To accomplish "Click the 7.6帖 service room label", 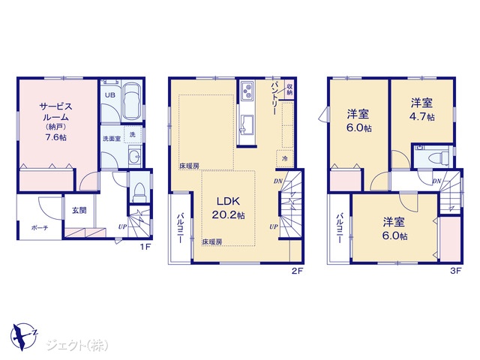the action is tap(55, 137).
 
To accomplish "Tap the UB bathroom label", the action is tap(110, 95).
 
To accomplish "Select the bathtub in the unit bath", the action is tap(132, 101).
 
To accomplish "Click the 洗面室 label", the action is tap(112, 139).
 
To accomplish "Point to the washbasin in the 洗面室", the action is tap(135, 157).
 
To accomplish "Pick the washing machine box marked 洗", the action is tap(133, 134).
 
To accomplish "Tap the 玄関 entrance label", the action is tap(79, 210).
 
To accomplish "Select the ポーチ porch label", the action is tap(40, 228).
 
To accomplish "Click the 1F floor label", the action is tap(145, 247).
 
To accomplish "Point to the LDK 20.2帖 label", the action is tap(228, 208).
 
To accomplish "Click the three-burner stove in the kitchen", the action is tap(247, 91).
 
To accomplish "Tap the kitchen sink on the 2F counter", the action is tap(247, 124).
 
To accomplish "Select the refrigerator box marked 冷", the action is tap(285, 158).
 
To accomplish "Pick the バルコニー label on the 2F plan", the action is tap(180, 228).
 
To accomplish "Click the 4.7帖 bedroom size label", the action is tap(422, 117).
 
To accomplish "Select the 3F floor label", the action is tap(455, 271).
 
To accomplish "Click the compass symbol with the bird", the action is tap(24, 336).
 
